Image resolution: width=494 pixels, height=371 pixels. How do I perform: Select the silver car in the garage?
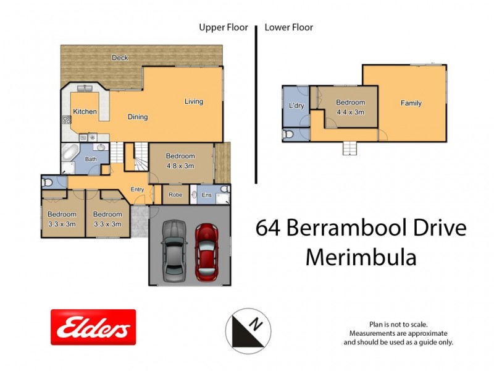174,250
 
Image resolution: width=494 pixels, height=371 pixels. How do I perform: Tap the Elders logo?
93,327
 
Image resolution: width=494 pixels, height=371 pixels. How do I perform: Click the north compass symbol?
248,328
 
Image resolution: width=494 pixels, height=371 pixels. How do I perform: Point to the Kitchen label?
85,111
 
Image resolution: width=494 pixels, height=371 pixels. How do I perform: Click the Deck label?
120,58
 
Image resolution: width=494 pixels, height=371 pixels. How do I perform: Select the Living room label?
193,101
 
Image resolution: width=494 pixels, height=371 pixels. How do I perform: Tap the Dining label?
138,116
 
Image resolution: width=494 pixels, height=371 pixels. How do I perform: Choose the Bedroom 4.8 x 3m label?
180,161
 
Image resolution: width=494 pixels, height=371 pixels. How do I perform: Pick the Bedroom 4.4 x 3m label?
350,107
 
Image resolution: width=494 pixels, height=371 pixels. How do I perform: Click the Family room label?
411,103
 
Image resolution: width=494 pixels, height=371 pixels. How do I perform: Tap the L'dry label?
296,106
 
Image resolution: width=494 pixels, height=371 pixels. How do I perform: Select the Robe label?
175,195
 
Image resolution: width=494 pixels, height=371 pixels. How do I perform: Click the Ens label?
207,195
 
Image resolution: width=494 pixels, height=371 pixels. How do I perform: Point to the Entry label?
137,189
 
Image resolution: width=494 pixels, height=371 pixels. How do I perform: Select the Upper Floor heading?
223,27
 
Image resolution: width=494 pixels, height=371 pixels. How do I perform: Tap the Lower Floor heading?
288,27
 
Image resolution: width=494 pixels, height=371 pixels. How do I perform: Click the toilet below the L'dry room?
288,134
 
